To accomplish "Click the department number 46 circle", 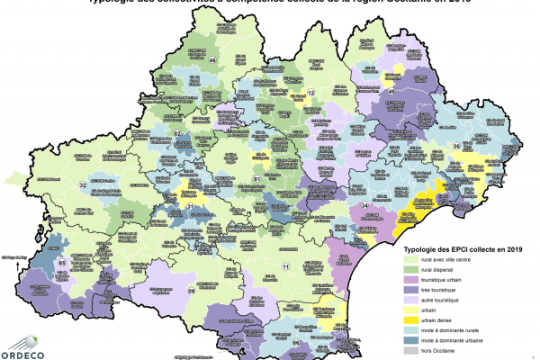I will [x=212, y=60].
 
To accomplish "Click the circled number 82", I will [x=178, y=133].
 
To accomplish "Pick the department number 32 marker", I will [x=83, y=184].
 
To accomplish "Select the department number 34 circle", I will [x=365, y=206].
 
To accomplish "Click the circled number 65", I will [x=61, y=262].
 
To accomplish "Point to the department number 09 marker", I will [x=191, y=291].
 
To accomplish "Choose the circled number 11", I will [x=287, y=267].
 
